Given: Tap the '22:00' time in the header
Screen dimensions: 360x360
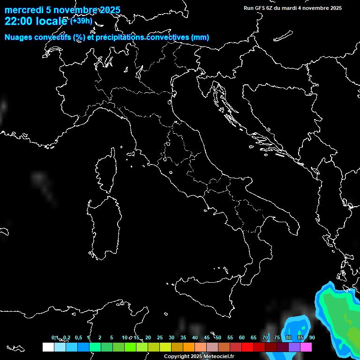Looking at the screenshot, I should click(x=18, y=21).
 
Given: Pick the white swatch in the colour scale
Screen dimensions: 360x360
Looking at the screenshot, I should click(x=48, y=347).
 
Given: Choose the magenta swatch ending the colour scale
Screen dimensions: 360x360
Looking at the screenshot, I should click(x=306, y=347).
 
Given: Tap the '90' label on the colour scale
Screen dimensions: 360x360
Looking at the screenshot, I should click(x=312, y=337).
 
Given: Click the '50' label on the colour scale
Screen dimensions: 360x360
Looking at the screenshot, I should click(x=218, y=337).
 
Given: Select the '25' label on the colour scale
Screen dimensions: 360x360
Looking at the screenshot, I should click(x=160, y=337).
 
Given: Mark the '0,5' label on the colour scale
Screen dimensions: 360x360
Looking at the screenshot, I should click(x=78, y=337).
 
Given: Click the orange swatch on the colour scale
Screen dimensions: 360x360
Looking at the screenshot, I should click(x=188, y=347).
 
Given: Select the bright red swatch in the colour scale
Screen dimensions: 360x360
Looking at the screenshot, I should click(x=247, y=347).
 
